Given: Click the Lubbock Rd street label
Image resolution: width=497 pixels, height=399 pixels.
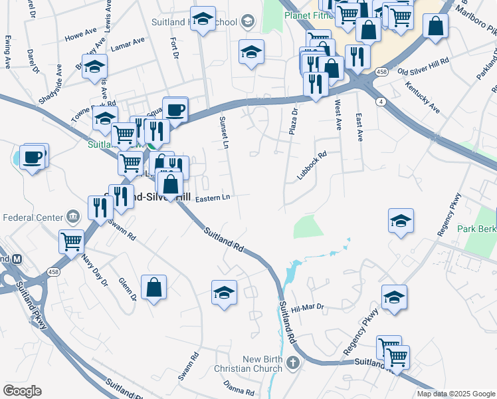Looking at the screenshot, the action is pyautogui.click(x=312, y=166).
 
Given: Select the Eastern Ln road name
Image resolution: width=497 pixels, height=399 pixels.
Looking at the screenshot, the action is pyautogui.click(x=212, y=198).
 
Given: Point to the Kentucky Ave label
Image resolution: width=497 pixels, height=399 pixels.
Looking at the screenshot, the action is pyautogui.click(x=423, y=98).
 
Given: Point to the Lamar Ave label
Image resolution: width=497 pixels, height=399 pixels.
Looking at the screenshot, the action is pyautogui.click(x=128, y=44).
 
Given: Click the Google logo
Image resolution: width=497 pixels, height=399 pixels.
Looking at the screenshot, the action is pyautogui.click(x=23, y=390).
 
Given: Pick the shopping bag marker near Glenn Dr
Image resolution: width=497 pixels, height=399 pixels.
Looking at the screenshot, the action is pyautogui.click(x=153, y=288).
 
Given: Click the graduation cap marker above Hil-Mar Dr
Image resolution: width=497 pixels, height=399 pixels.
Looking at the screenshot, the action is pyautogui.click(x=394, y=298).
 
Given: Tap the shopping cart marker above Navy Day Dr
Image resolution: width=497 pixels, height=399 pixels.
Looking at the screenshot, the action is pyautogui.click(x=71, y=242).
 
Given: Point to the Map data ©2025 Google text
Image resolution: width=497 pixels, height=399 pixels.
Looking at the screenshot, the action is pyautogui.click(x=455, y=394).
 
